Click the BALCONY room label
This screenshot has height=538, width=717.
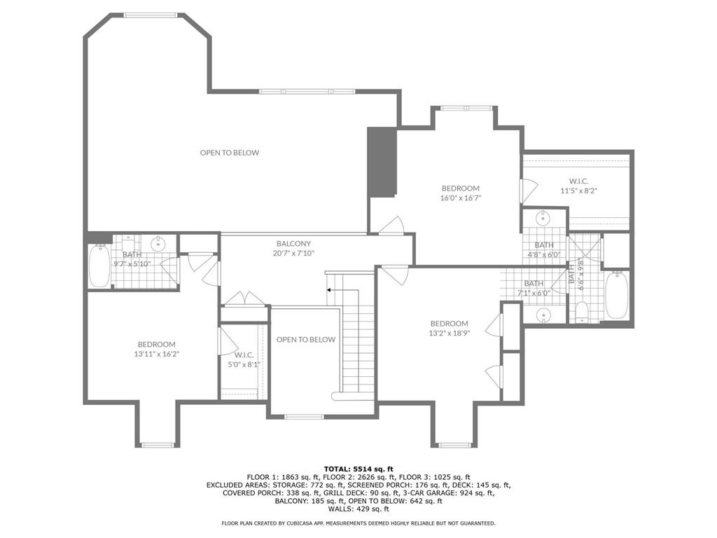pos(293,244)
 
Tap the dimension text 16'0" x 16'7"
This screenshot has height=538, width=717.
pos(461,198)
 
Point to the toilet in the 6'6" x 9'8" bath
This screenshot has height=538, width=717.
pos(582,312)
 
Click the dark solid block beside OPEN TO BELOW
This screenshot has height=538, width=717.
pos(382,162)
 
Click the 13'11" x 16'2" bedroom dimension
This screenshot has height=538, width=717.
pos(156,354)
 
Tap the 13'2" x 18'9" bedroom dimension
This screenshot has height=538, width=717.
pos(449,333)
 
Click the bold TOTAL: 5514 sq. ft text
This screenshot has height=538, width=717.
pos(358,469)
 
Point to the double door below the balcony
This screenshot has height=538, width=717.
pos(244,298)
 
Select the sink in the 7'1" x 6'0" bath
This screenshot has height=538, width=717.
pos(543,315)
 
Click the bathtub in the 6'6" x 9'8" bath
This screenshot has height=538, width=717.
pos(617,295)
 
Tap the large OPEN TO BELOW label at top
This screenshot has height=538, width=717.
pos(230,153)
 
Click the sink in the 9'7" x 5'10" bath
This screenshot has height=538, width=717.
pos(158,243)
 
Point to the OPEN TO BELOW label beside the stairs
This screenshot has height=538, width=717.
pos(306,340)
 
